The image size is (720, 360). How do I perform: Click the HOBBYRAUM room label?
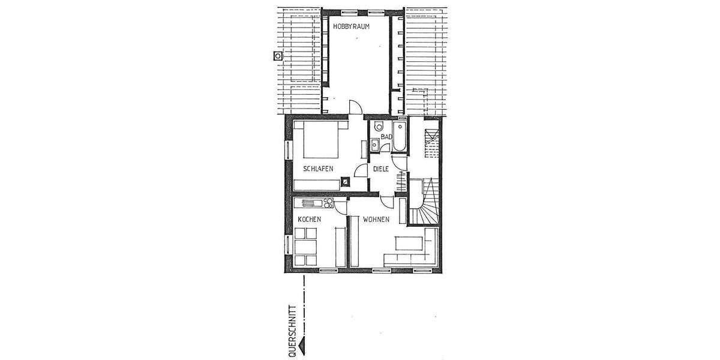coord(351,27)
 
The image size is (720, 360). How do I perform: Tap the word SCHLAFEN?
coord(318,169)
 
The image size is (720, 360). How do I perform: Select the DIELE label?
coord(381,169)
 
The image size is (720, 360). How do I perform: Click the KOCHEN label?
coord(310,220)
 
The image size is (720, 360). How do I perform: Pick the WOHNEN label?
coord(377,220)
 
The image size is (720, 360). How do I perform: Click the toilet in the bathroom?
coord(379,127)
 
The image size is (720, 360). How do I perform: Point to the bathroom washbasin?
coord(374,145)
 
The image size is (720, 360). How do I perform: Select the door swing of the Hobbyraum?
coord(355,107)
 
